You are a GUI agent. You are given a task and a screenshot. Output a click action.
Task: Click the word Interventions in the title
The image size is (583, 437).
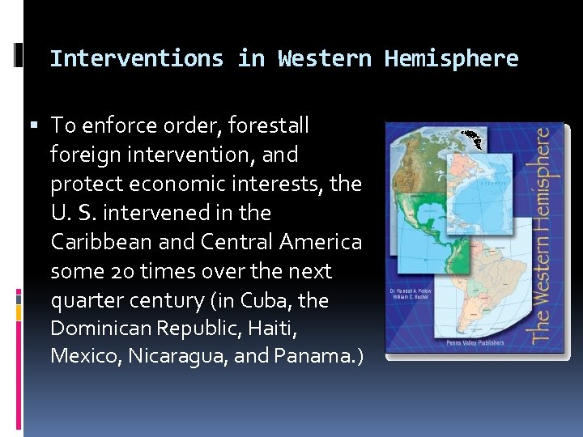(x=136, y=59)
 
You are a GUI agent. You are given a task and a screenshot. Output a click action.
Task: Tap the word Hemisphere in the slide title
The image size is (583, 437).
(x=451, y=59)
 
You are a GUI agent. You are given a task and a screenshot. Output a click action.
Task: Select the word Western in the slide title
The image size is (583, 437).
(x=324, y=59)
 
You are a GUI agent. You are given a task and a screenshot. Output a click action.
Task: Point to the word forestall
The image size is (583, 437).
(x=269, y=125)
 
